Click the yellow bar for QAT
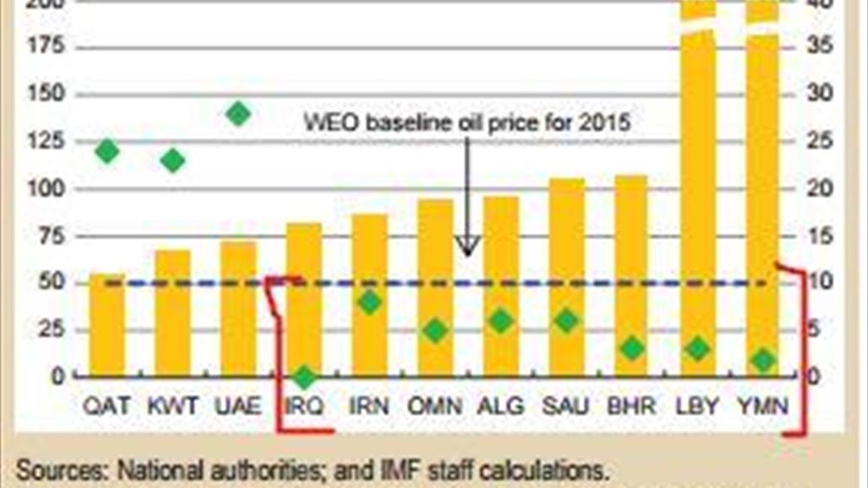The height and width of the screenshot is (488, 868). [107, 325]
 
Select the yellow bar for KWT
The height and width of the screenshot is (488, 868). [172, 313]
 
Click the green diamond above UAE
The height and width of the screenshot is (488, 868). [238, 113]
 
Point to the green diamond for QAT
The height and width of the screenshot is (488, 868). [107, 152]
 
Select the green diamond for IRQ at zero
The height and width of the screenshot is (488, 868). [304, 377]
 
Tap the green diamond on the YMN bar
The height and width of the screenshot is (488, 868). [764, 361]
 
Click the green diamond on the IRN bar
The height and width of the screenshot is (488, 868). [370, 302]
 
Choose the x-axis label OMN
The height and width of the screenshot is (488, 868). [435, 407]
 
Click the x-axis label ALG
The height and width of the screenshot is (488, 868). [501, 407]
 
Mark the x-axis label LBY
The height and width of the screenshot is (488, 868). [697, 407]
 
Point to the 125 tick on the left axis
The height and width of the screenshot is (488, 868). [46, 140]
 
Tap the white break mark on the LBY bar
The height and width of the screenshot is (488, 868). [697, 25]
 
